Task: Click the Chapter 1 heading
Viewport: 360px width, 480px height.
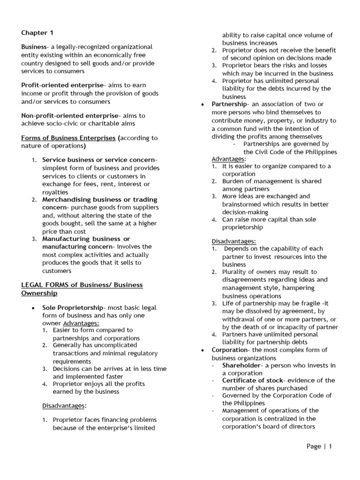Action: click(x=35, y=33)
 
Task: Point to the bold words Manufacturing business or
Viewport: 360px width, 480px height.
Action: click(x=86, y=239)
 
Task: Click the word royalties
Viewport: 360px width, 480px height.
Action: click(x=55, y=192)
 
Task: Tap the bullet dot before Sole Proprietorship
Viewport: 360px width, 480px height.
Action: click(x=31, y=308)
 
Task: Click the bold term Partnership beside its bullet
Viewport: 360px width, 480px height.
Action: click(x=229, y=104)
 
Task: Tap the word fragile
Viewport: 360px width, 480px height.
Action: click(x=307, y=304)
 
